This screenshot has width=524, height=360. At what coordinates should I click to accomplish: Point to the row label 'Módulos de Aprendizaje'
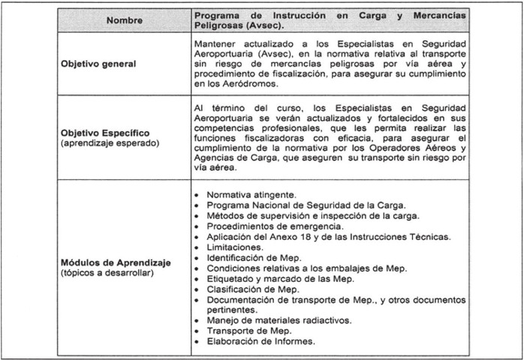116,262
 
